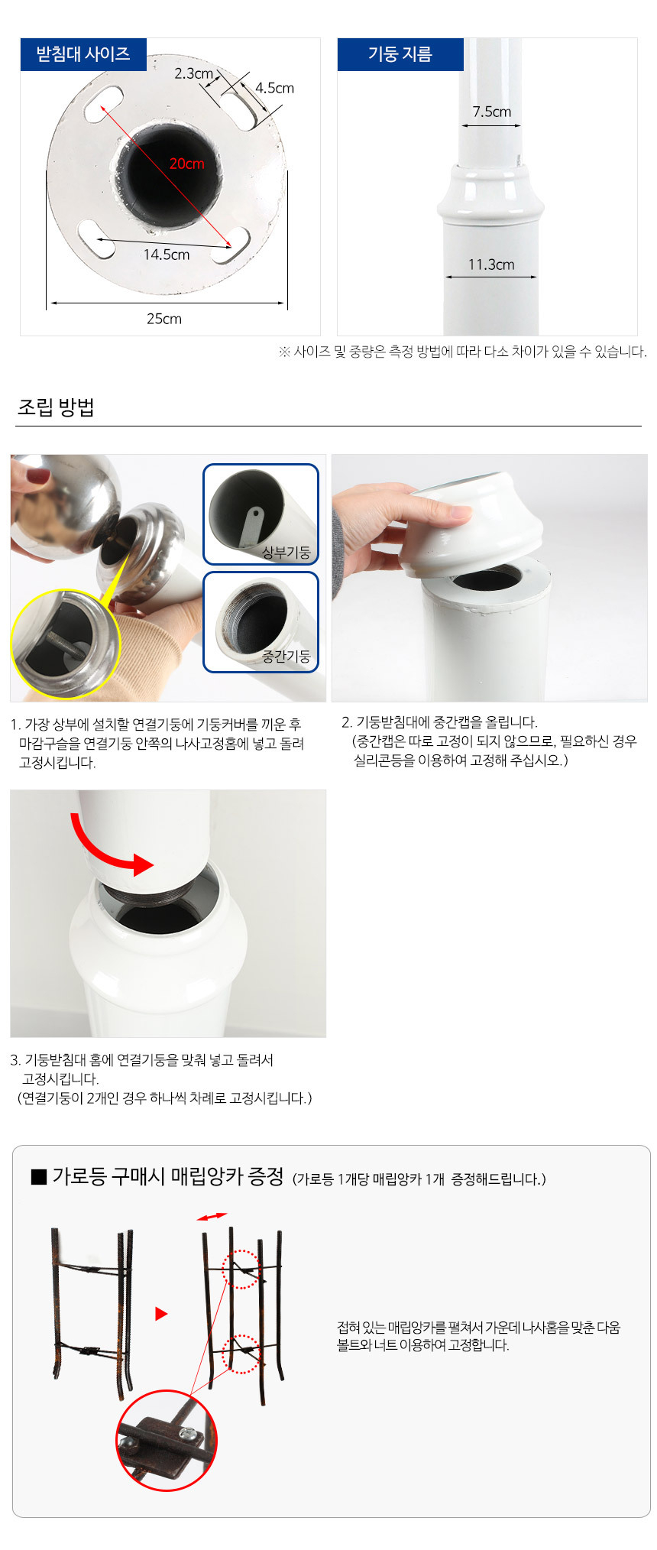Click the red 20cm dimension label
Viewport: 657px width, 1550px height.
point(187,164)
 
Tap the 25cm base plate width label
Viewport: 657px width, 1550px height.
point(164,319)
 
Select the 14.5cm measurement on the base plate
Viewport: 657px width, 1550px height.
point(167,255)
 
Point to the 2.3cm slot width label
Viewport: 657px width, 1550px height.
point(193,73)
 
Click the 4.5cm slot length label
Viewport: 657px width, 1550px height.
point(274,88)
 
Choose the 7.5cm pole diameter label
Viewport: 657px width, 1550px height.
point(491,112)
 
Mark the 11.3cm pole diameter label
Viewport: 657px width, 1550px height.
point(491,264)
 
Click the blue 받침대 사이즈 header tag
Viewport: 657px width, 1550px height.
point(83,54)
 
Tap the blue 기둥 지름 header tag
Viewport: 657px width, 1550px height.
point(400,54)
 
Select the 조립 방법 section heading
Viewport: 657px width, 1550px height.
point(56,407)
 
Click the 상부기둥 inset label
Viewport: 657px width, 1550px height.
point(286,552)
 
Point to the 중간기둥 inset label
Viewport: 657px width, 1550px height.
point(286,656)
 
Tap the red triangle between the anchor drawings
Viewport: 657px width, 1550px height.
point(161,1314)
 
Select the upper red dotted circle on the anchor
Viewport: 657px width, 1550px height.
point(241,1270)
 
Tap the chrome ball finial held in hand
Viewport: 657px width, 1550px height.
point(65,504)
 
